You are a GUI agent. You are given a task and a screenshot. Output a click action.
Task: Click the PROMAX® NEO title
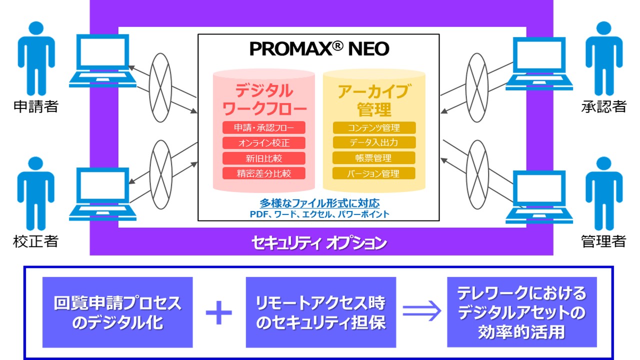point(319,48)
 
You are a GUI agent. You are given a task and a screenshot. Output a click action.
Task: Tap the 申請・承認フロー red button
point(263,127)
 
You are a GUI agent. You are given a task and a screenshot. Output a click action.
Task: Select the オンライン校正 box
point(263,143)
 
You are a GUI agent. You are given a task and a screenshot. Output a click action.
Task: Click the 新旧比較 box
point(263,158)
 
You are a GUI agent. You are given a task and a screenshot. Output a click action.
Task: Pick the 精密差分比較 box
point(263,173)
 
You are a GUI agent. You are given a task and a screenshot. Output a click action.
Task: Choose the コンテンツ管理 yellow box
point(374,127)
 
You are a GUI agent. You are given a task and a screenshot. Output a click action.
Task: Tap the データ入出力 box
point(374,142)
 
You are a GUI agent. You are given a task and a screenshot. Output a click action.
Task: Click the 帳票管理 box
point(373,158)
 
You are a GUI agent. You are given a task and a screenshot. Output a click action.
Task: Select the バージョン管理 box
point(373,173)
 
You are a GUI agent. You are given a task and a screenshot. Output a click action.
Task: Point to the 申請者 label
point(36,106)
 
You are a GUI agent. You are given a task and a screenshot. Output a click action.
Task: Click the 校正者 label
point(35,241)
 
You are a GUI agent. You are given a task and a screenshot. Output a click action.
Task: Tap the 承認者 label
point(603,106)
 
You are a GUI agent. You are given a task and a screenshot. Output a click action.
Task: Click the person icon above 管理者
point(604,193)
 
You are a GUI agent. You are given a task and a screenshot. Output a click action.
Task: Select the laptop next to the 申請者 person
point(103,60)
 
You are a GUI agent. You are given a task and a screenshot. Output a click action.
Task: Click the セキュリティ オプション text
point(319,243)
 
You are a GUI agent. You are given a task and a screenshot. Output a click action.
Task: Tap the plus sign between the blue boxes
point(219,312)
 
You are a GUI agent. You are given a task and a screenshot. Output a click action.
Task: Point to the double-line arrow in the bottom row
point(421,311)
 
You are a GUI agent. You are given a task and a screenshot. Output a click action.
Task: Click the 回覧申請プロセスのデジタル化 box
point(117,312)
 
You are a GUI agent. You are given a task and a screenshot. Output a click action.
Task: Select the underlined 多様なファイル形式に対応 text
point(319,203)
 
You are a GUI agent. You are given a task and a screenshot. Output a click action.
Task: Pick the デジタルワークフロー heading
point(264,99)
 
